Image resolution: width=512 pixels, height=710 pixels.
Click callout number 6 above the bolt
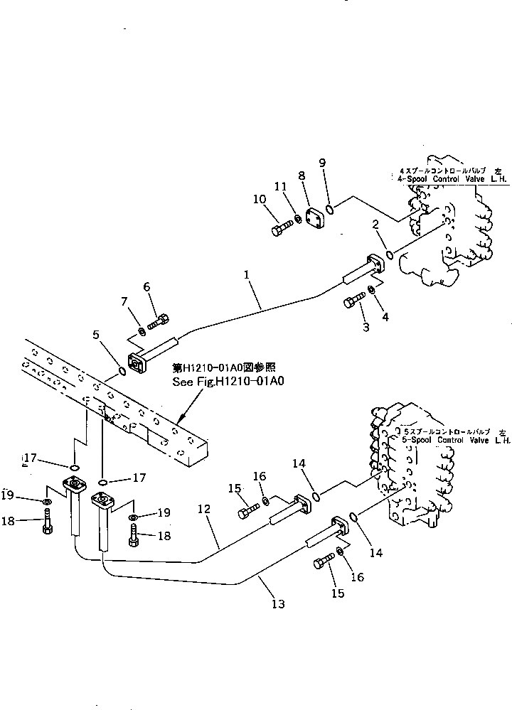tap(147, 286)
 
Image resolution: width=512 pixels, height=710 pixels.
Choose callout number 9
tap(322, 163)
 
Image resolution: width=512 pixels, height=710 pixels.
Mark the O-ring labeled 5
tap(122, 371)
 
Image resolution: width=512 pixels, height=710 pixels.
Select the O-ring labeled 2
tap(389, 254)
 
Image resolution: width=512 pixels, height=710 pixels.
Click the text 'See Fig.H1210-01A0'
tap(228, 382)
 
